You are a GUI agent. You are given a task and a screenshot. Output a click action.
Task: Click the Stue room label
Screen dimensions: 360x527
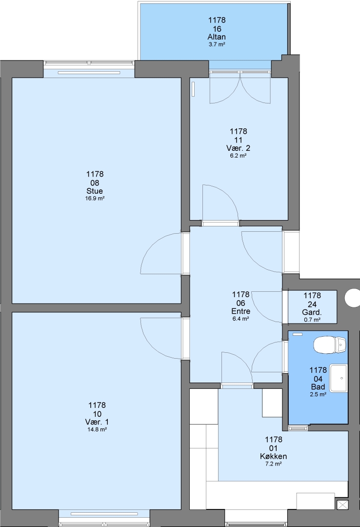(95, 191)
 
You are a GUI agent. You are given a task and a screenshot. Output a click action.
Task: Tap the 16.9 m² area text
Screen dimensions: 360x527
(95, 198)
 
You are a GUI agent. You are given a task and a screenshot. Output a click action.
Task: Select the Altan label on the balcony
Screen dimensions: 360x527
(217, 37)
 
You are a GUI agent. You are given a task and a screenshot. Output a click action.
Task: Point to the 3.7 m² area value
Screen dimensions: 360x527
(217, 44)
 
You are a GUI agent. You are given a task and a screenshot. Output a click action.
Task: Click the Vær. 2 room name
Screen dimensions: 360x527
(239, 148)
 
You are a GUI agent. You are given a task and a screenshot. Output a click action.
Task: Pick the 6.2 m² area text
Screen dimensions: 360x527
(239, 156)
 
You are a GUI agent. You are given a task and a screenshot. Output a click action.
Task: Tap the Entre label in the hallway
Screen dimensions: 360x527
(240, 311)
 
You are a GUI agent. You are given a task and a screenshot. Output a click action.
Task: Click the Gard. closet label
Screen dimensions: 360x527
(312, 313)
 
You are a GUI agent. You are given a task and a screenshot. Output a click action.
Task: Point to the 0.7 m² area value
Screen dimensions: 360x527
(312, 320)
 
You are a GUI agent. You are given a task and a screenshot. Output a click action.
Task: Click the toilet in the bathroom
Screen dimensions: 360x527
(329, 345)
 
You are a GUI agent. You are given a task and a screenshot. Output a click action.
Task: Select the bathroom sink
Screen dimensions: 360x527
(338, 378)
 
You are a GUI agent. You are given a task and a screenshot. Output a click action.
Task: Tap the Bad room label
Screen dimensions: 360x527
(318, 387)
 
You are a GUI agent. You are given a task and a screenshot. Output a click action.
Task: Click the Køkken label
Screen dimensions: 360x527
(273, 456)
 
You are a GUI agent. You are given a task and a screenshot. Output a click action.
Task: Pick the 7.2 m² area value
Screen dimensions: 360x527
(273, 464)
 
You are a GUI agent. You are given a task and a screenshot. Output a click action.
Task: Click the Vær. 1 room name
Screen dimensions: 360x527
(97, 422)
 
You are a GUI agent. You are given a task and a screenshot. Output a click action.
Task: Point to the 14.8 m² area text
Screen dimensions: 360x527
(97, 429)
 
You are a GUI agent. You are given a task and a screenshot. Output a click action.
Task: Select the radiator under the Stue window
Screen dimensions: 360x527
(89, 73)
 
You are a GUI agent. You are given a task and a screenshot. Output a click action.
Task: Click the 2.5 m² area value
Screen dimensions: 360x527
(318, 395)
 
